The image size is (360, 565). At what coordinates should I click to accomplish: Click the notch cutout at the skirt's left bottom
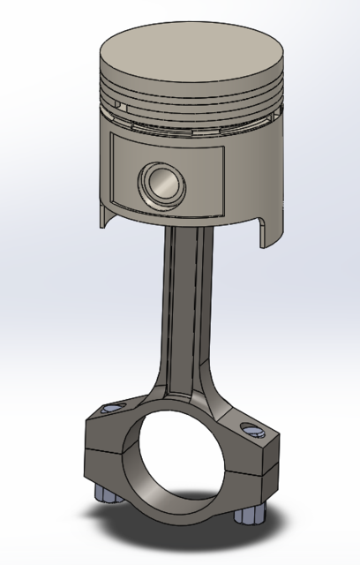click(x=106, y=213)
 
